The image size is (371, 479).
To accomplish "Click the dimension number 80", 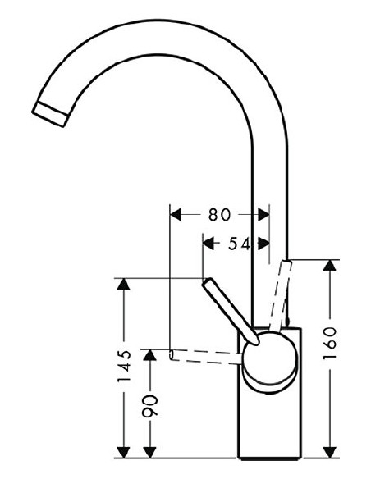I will pos(218,215).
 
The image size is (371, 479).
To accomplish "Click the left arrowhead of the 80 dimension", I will pos(175,215).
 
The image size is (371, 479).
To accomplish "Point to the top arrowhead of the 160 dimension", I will pos(330,266).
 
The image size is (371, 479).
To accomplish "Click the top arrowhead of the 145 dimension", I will pos(123,285).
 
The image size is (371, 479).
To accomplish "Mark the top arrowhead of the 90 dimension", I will pos(150,353).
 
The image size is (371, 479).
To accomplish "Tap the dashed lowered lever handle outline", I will pos(205,354).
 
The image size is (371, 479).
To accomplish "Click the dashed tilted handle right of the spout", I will pos(282,291).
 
